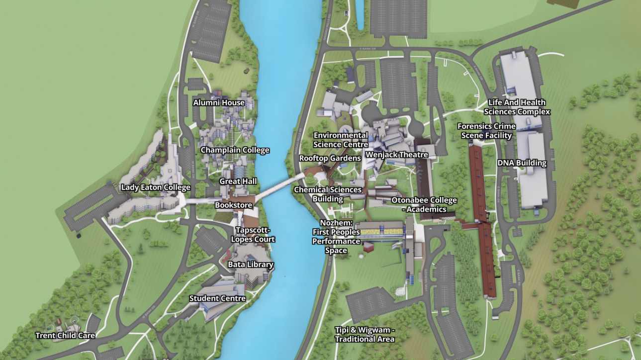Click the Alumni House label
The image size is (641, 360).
[219, 103]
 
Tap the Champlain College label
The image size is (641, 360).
[235, 150]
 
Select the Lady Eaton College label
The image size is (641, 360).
[156, 187]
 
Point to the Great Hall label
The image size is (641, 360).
[238, 181]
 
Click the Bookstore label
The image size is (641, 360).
[233, 205]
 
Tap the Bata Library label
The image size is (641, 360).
[251, 265]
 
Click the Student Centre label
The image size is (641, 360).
[217, 298]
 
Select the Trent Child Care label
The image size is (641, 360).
[65, 336]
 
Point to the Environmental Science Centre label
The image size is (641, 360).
[341, 140]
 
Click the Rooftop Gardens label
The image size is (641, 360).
[330, 158]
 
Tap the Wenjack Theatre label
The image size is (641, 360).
[397, 155]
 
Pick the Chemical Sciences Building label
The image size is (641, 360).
[328, 194]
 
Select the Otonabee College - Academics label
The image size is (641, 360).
[424, 205]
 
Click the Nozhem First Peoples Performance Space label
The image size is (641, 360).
[336, 237]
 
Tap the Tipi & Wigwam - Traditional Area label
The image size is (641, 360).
[365, 335]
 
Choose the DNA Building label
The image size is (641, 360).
[522, 163]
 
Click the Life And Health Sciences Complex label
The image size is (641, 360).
[517, 107]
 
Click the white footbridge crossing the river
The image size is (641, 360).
[279, 186]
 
